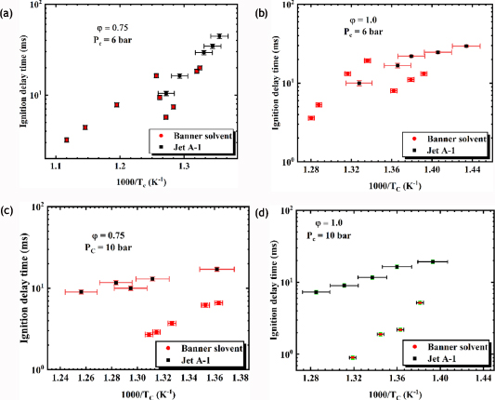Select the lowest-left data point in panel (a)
point(66,140)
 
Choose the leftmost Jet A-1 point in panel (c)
point(81,292)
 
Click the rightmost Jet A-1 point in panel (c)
point(217,270)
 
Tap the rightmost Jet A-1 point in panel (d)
point(433,261)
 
